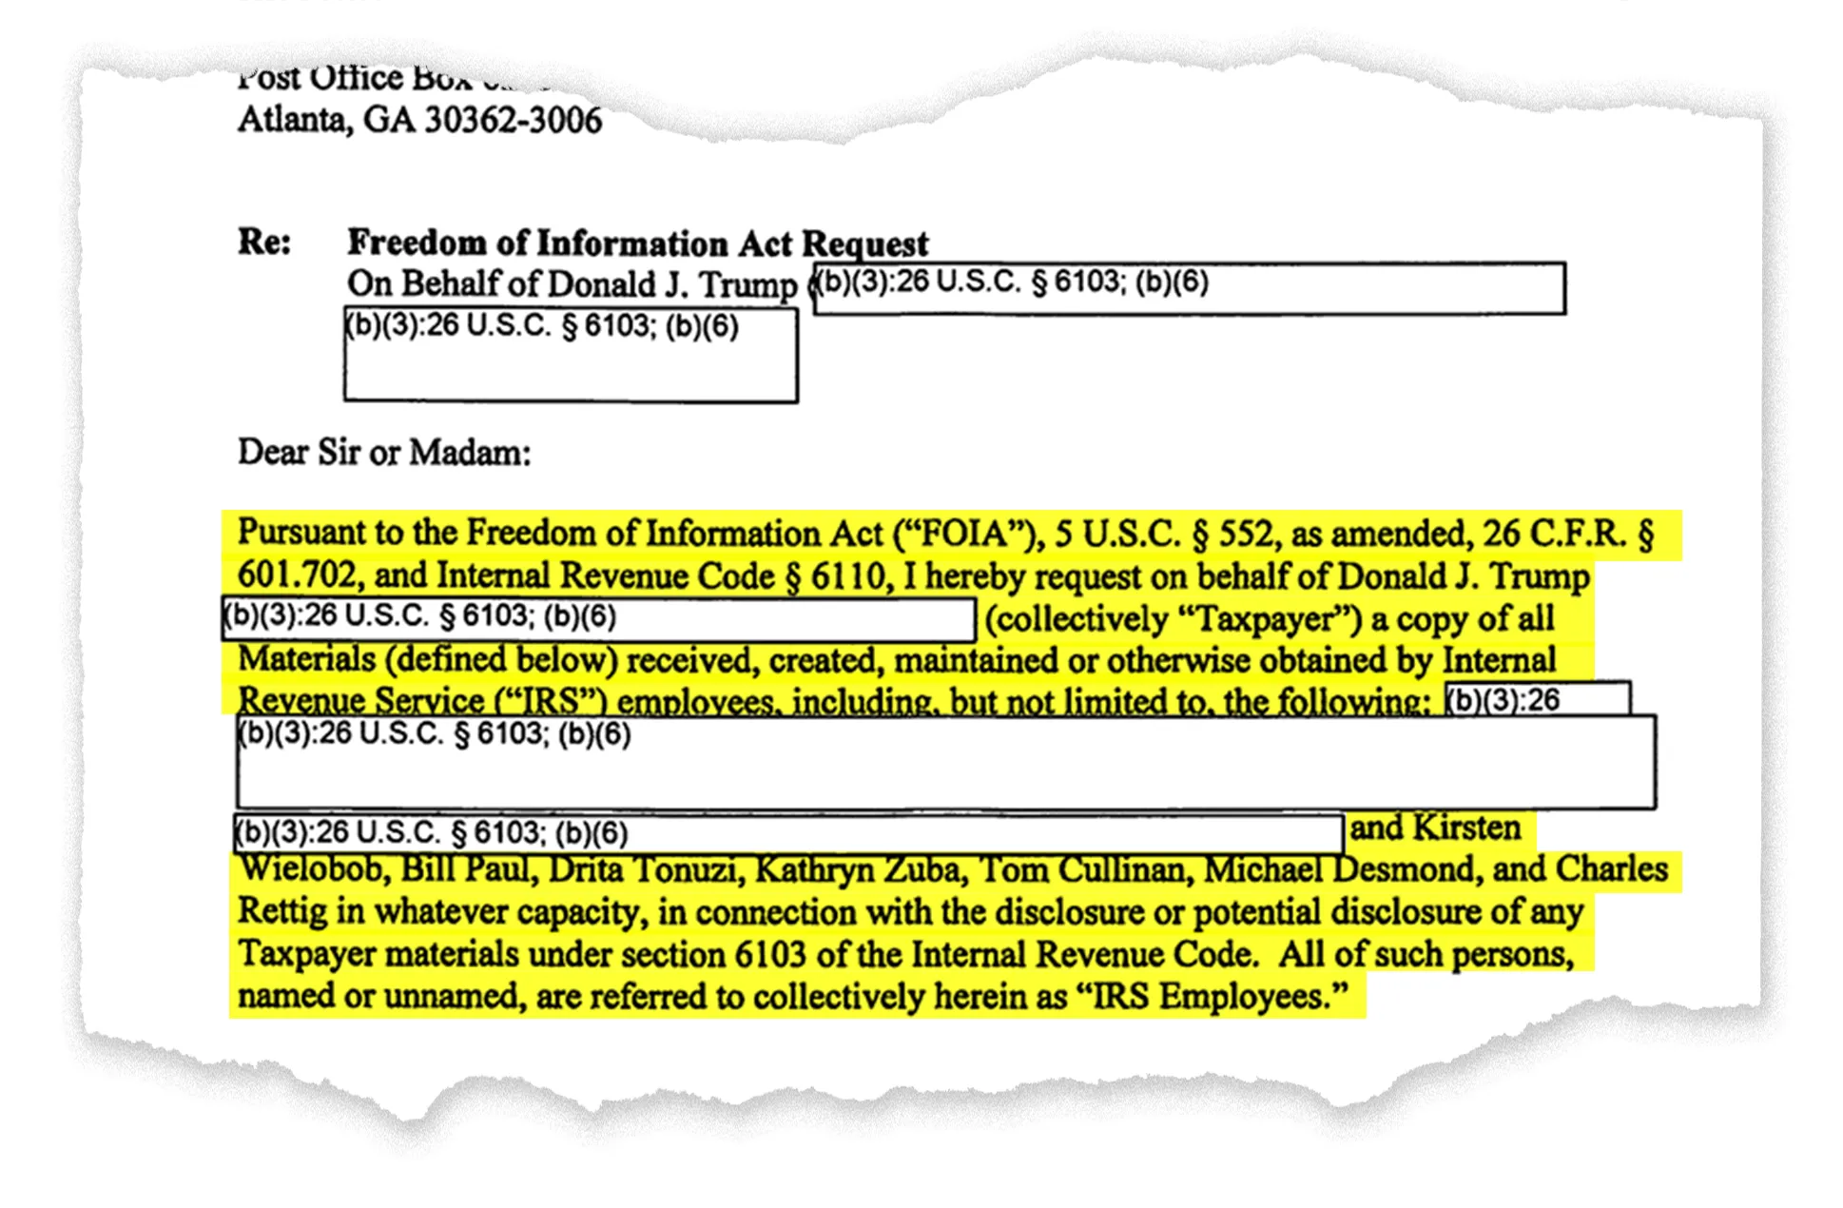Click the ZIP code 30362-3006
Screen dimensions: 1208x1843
click(513, 121)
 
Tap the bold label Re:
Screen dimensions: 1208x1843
click(263, 242)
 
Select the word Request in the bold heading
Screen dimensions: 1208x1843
click(864, 244)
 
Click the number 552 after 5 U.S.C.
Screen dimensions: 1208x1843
click(1245, 534)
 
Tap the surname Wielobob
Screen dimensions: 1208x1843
click(312, 869)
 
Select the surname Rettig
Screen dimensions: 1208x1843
click(281, 911)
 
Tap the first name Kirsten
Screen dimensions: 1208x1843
click(1466, 828)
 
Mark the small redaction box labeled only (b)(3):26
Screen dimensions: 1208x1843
click(1537, 699)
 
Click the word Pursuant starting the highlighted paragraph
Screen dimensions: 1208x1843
click(311, 534)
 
